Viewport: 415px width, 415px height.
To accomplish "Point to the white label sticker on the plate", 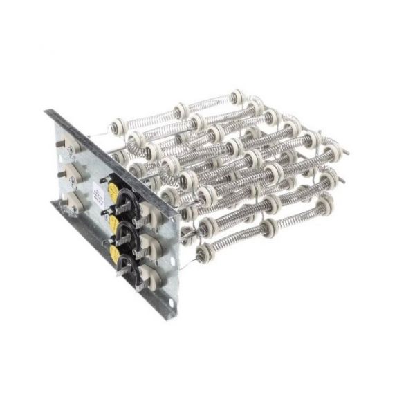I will [103, 182].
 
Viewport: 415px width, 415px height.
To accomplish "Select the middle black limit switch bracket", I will [126, 230].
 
